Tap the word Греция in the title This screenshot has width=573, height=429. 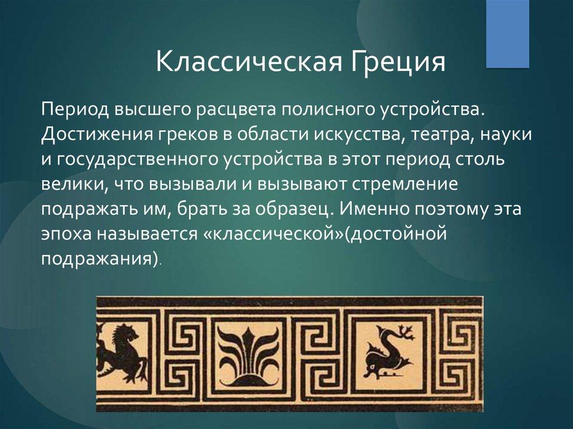tap(398, 63)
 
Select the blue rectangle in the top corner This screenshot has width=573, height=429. tap(508, 34)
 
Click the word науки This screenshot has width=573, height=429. tap(505, 134)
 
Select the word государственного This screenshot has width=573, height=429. tap(137, 160)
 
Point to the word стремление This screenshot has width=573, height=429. tap(405, 185)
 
